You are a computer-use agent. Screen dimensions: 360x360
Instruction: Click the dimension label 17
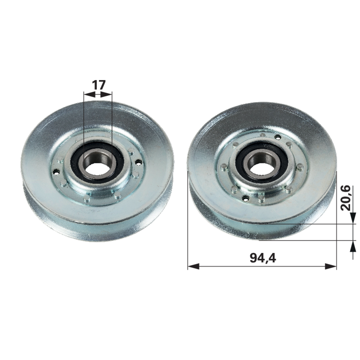coord(99,85)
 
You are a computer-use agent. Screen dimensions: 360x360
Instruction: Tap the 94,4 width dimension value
coord(263,257)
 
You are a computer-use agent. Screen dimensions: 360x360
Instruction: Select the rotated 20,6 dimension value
coord(346,198)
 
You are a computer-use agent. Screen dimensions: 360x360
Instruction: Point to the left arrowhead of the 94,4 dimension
coord(193,266)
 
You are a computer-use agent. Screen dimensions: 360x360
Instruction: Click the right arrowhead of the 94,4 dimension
coord(331,266)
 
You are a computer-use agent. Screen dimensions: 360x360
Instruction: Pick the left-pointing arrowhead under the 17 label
coord(90,94)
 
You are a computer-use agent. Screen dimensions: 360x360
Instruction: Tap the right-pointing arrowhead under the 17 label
coord(106,94)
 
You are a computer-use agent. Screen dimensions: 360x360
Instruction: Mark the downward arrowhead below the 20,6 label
coord(353,218)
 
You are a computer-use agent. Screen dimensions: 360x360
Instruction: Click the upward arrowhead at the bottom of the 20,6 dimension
coord(353,246)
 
